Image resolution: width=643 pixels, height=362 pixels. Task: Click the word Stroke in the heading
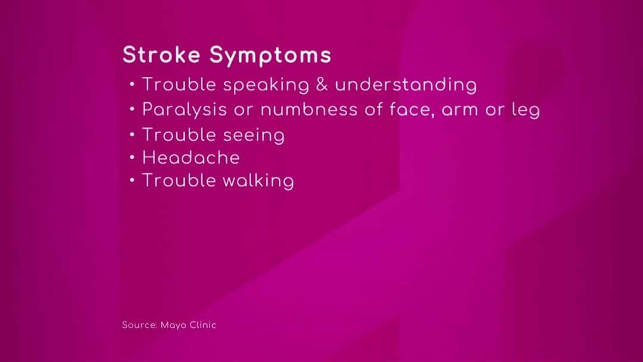coord(161,55)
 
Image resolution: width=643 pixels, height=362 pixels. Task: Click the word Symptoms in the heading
coord(270,56)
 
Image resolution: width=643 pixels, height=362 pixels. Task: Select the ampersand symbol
coord(322,85)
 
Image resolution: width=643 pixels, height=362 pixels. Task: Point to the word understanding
coord(406,86)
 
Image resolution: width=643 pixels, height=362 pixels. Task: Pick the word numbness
coord(309,110)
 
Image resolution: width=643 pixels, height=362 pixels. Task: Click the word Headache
coord(191,158)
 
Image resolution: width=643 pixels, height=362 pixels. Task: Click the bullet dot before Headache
coord(132,157)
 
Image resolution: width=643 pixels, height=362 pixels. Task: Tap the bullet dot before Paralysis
coord(132,109)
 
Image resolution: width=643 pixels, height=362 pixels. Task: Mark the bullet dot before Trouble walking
coord(132,180)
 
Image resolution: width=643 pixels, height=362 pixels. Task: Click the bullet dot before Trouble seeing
coord(132,134)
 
